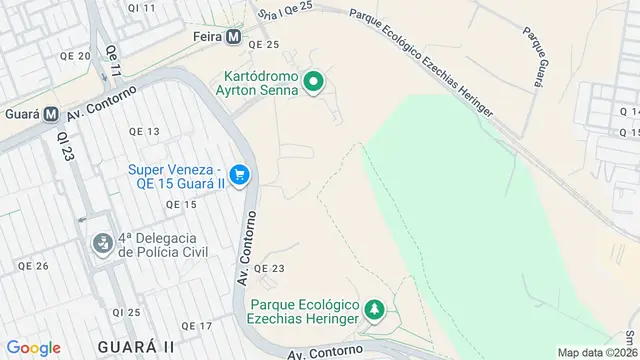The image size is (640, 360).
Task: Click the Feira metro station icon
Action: pyautogui.click(x=233, y=37)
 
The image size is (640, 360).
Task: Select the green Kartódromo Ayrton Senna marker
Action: pyautogui.click(x=313, y=82)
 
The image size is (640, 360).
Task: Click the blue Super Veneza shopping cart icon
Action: pyautogui.click(x=239, y=176)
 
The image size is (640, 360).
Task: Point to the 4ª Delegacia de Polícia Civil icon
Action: pyautogui.click(x=102, y=244)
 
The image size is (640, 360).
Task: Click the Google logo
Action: pyautogui.click(x=33, y=347)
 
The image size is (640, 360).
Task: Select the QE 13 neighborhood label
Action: pyautogui.click(x=144, y=132)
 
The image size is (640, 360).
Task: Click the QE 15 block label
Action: pyautogui.click(x=182, y=204)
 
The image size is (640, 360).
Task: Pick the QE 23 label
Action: pyautogui.click(x=269, y=268)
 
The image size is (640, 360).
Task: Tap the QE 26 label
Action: pyautogui.click(x=33, y=265)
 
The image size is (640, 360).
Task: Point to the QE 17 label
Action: pyautogui.click(x=198, y=326)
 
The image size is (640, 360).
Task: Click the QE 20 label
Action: pyautogui.click(x=76, y=57)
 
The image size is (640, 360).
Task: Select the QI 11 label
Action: pyautogui.click(x=143, y=8)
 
